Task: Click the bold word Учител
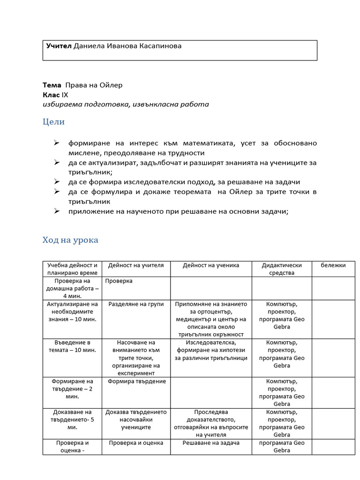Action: click(59, 46)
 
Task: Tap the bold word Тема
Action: click(52, 85)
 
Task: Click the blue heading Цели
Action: click(53, 122)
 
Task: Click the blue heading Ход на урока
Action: click(70, 240)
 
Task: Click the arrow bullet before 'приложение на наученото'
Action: click(56, 211)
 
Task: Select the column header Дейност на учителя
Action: click(136, 265)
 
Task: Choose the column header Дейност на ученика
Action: click(211, 265)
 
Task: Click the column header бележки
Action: click(333, 265)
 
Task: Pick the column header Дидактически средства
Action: click(282, 269)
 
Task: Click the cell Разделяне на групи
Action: click(136, 304)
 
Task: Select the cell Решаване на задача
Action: click(211, 443)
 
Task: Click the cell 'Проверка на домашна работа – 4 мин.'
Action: click(72, 288)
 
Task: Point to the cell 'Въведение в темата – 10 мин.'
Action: click(72, 346)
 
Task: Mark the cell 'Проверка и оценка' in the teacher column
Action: click(136, 443)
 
